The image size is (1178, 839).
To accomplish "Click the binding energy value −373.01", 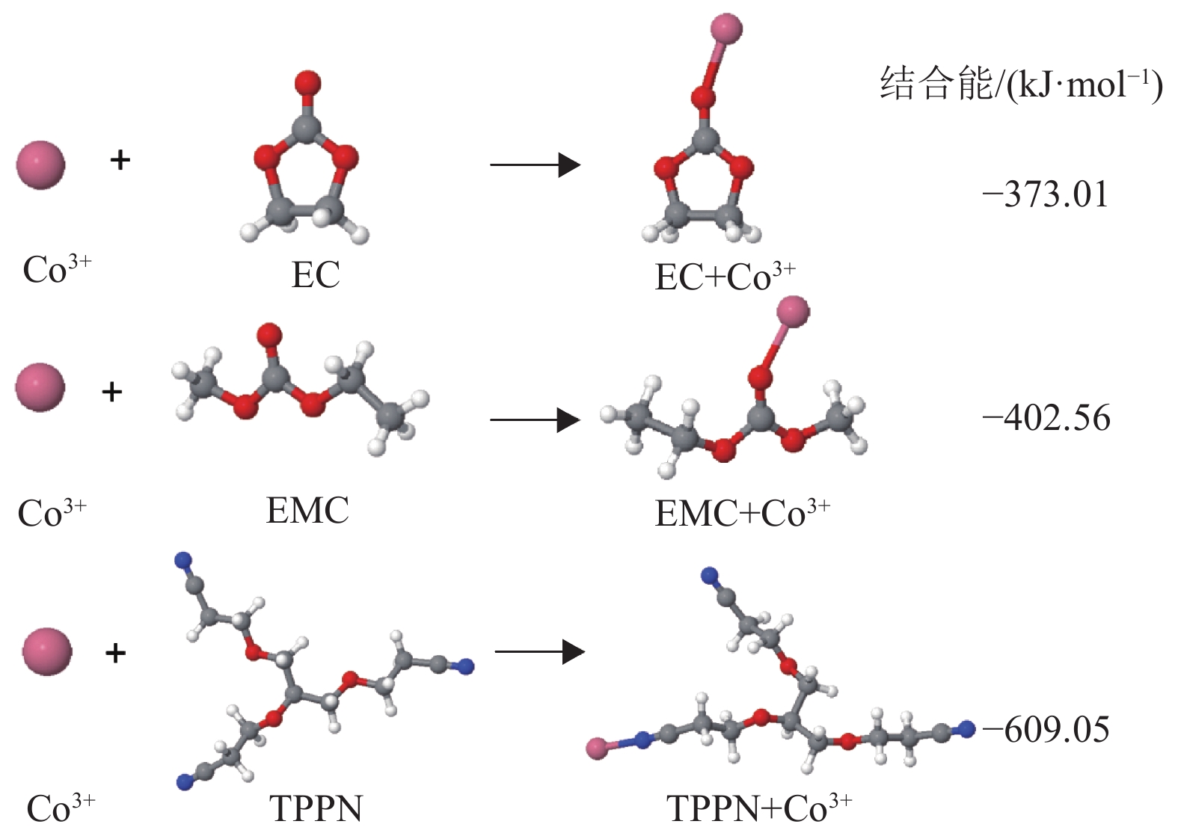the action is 1045,195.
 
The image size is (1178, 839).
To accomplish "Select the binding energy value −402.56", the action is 1046,418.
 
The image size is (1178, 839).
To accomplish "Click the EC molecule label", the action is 316,274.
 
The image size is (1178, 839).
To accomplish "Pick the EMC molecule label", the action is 307,511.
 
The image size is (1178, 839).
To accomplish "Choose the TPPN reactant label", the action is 316,809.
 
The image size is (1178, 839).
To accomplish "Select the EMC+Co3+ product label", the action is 741,513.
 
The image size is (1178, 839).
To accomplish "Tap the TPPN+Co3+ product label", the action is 758,808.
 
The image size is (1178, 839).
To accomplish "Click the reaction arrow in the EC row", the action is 535,165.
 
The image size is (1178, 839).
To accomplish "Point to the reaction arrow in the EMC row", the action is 535,420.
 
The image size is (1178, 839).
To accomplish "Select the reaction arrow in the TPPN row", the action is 539,652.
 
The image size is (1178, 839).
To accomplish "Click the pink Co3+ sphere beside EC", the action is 41,165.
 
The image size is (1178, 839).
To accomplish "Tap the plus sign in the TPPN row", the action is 115,653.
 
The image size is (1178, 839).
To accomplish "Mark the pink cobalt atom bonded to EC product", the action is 726,29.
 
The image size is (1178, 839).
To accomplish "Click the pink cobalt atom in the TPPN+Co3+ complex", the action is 598,749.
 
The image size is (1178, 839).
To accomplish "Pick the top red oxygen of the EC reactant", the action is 307,82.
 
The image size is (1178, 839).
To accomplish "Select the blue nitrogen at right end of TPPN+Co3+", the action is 967,728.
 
